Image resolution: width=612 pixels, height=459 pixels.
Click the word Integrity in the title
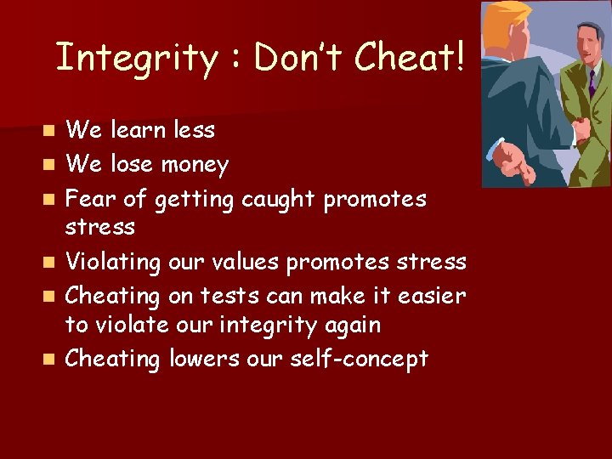tap(137, 58)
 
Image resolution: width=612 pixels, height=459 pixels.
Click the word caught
tap(279, 200)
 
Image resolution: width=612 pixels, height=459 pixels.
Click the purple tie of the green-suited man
tap(592, 82)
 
